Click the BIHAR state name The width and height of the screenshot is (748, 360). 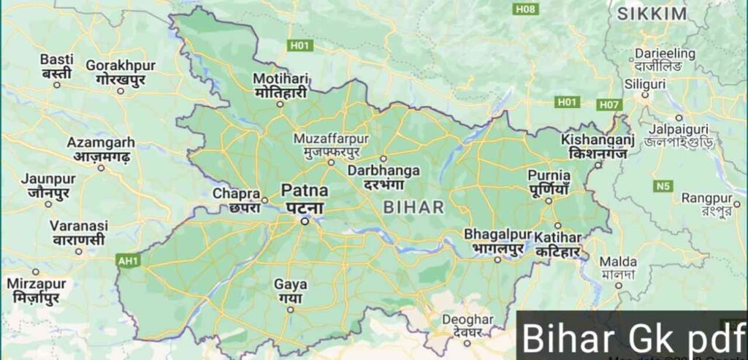click(413, 207)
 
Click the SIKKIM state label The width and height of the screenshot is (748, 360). click(652, 14)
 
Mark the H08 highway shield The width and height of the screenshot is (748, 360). click(524, 9)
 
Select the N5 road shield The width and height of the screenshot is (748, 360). click(663, 186)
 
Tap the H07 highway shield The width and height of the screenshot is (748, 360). click(609, 104)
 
